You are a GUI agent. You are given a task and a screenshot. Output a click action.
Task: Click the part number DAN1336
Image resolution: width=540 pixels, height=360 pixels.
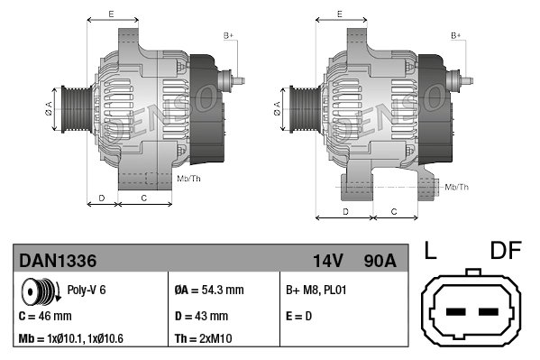pos(58,261)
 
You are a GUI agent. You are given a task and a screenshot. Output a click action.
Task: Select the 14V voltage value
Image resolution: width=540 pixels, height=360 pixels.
pos(327,261)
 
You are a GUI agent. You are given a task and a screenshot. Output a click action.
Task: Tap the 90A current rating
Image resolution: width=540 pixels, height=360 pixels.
pos(378,261)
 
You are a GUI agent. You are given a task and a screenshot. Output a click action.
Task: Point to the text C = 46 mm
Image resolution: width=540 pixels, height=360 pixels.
pos(45,317)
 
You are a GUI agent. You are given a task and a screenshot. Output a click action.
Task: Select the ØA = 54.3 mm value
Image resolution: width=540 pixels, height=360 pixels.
pos(208,291)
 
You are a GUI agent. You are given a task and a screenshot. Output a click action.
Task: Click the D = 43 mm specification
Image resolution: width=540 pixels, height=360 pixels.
pos(200,317)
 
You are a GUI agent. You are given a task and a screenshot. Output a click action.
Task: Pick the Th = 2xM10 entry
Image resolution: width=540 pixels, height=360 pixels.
pos(203,339)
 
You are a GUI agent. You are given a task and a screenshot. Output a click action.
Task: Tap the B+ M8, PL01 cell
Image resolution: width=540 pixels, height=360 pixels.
pos(316,291)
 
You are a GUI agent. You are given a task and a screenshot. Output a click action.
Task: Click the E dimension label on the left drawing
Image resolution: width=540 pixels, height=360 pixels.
pos(110,14)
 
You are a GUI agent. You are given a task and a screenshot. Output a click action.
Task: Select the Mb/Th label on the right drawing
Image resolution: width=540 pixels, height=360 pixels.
pos(457,187)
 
